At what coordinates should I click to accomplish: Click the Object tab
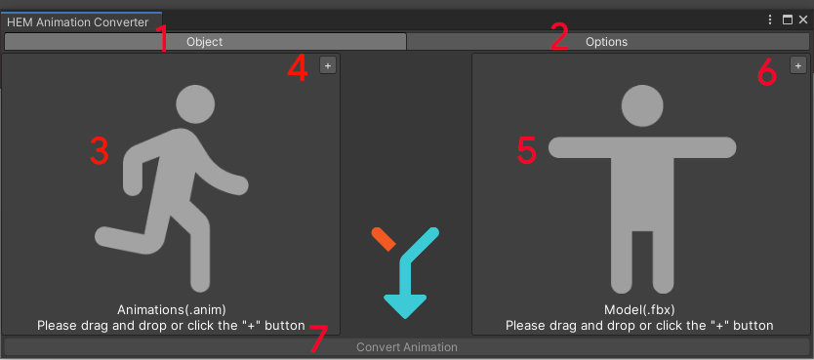[205, 42]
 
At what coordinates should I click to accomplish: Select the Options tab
[606, 42]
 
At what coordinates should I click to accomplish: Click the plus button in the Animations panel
[328, 65]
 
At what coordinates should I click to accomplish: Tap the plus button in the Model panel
[797, 65]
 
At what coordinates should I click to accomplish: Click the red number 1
[162, 40]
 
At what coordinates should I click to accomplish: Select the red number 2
[558, 38]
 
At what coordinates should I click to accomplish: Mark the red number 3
[99, 150]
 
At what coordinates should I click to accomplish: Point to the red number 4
[299, 68]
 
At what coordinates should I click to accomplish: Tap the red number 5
[527, 150]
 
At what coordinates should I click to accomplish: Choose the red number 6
[767, 71]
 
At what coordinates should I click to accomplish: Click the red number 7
[319, 339]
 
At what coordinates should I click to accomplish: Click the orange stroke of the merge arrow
[383, 240]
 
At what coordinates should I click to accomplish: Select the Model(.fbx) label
[640, 310]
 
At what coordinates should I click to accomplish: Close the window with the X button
[803, 20]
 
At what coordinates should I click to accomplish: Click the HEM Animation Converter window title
[78, 21]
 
